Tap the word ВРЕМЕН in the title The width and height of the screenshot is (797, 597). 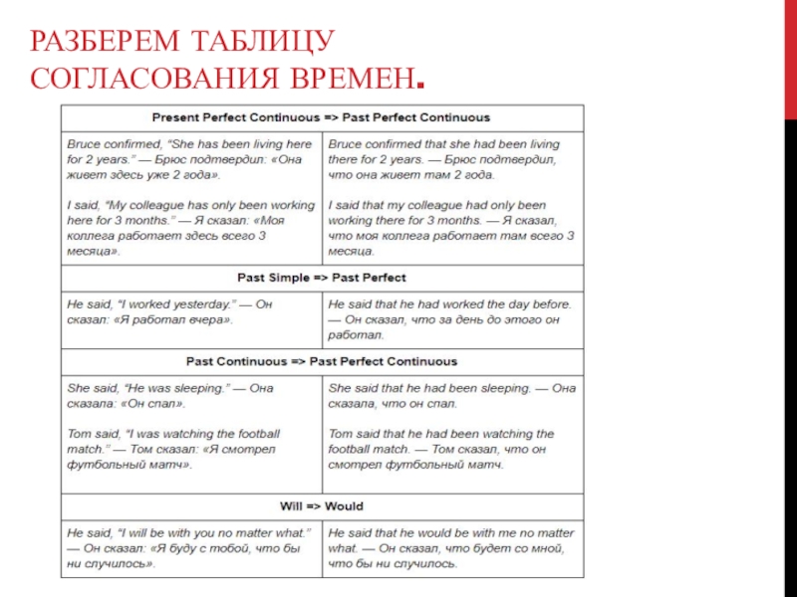(345, 76)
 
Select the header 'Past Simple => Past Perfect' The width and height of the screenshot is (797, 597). (322, 278)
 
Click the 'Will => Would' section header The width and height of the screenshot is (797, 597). (322, 504)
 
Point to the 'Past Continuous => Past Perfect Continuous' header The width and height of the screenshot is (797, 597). (322, 361)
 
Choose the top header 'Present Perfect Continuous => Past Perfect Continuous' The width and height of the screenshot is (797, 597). (322, 117)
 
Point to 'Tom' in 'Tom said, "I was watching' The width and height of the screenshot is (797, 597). (79, 434)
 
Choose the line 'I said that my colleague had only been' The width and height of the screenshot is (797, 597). (437, 205)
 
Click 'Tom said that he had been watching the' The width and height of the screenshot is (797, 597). (441, 434)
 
